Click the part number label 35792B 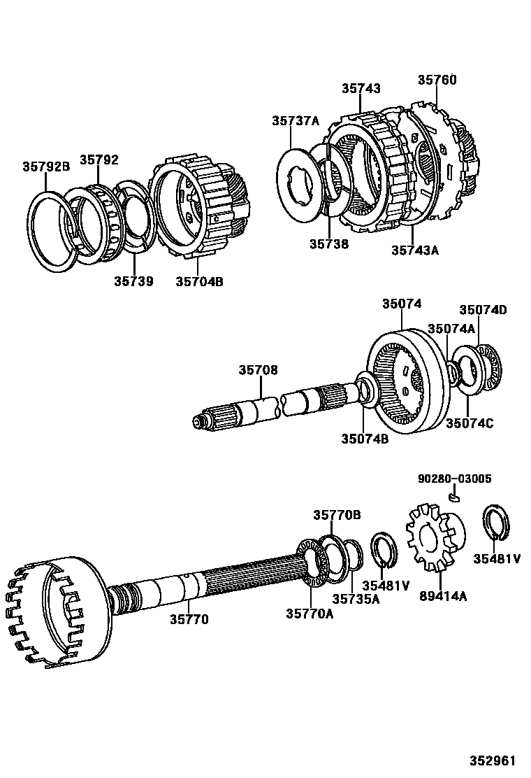(46, 167)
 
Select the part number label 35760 (437, 80)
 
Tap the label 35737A (296, 121)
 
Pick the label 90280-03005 (455, 479)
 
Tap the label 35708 (258, 369)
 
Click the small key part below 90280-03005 (454, 497)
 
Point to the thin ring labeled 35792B (52, 231)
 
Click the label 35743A (414, 250)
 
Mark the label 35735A (356, 599)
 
